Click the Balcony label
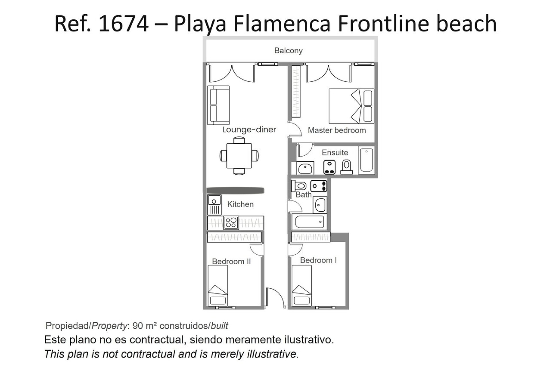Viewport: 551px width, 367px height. (288, 51)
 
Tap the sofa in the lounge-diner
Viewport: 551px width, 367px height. (218, 105)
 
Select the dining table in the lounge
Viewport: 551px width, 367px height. (239, 156)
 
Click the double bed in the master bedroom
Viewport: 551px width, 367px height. (351, 106)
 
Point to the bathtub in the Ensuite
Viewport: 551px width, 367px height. (366, 160)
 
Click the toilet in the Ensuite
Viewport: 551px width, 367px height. (347, 167)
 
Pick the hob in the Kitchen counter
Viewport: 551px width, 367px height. (231, 222)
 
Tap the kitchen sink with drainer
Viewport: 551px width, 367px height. (214, 205)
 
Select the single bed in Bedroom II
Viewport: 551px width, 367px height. (218, 285)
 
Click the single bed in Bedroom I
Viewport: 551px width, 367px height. (302, 285)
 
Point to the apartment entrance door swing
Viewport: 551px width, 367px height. (275, 298)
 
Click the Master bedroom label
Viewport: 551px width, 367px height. (337, 130)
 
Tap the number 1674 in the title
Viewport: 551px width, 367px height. (123, 24)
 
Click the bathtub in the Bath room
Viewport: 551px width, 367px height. (309, 222)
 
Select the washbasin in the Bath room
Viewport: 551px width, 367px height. (320, 205)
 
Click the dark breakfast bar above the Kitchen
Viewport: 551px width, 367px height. (235, 190)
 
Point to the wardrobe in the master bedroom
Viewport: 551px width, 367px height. (296, 91)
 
